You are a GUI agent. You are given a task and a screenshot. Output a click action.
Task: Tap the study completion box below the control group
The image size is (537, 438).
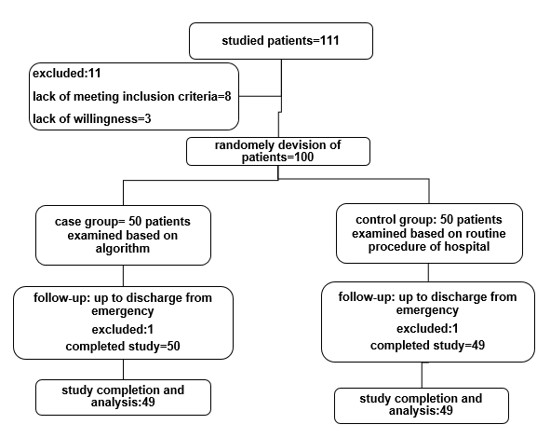[422, 404]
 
